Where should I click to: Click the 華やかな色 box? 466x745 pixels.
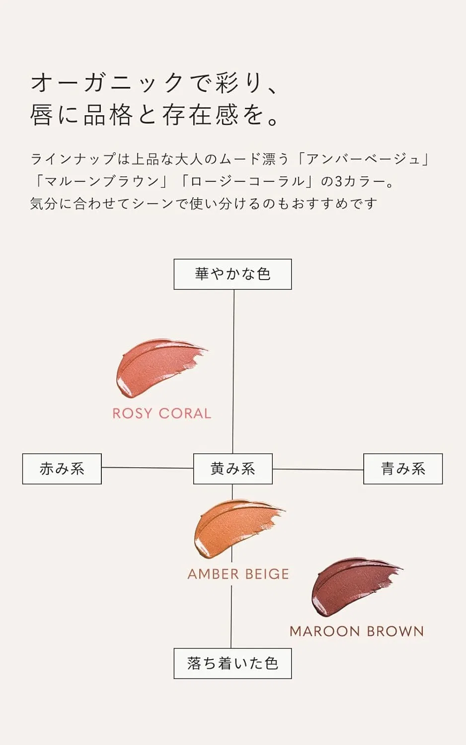pyautogui.click(x=233, y=274)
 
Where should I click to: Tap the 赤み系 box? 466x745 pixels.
pyautogui.click(x=62, y=469)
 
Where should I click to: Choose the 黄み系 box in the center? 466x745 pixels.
pyautogui.click(x=233, y=469)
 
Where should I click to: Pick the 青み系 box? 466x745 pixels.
pyautogui.click(x=403, y=469)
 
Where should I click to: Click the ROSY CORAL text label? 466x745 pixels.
pyautogui.click(x=162, y=413)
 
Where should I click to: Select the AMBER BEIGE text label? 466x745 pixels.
pyautogui.click(x=238, y=574)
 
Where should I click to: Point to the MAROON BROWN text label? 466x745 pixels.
pyautogui.click(x=357, y=631)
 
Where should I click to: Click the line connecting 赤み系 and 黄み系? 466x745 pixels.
pyautogui.click(x=148, y=468)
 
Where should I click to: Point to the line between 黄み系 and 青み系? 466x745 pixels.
pyautogui.click(x=318, y=469)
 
